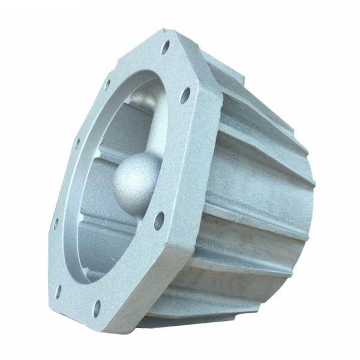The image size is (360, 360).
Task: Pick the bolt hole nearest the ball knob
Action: pos(159,220)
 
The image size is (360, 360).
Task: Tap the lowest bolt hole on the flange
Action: pos(97,308)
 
